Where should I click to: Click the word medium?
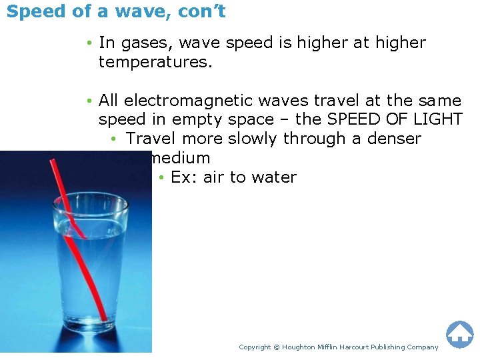180,158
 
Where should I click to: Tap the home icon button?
459,335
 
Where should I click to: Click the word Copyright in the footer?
255,347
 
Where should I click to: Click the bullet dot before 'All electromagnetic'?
89,101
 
